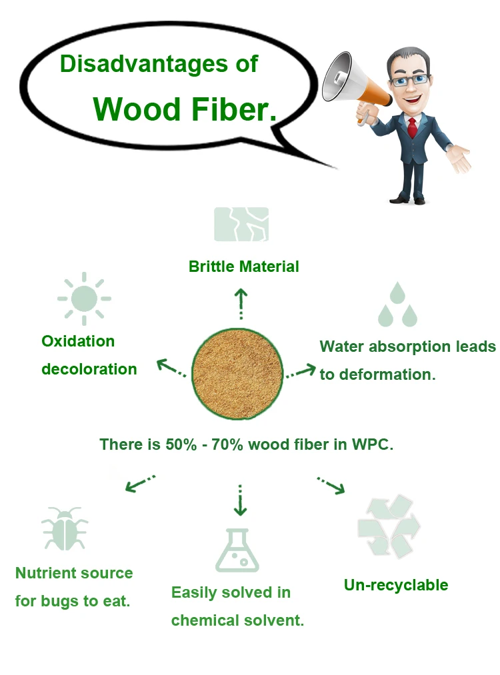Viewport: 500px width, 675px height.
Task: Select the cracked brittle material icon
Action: pyautogui.click(x=241, y=225)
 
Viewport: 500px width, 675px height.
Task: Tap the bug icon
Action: pyautogui.click(x=65, y=528)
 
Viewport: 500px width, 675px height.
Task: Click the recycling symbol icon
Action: pyautogui.click(x=389, y=526)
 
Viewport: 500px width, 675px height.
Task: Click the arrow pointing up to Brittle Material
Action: pyautogui.click(x=241, y=304)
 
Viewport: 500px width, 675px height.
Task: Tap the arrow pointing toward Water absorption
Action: pyautogui.click(x=301, y=370)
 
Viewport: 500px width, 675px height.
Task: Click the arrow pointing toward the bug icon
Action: pyautogui.click(x=140, y=483)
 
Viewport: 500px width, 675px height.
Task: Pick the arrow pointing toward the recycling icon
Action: pyautogui.click(x=331, y=485)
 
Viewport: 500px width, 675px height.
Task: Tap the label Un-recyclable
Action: pyautogui.click(x=396, y=585)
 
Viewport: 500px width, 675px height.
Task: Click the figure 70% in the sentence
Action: pyautogui.click(x=228, y=444)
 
